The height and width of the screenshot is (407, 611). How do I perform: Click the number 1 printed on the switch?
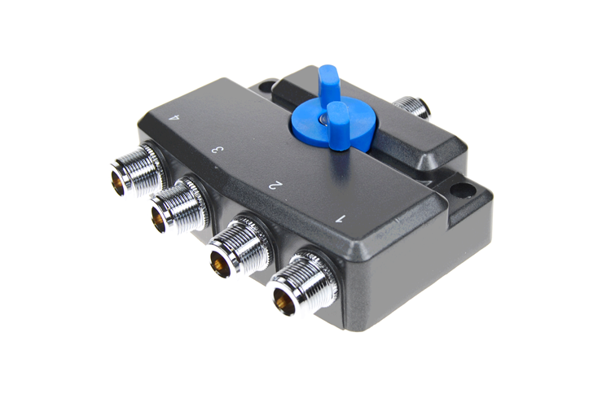tap(341, 217)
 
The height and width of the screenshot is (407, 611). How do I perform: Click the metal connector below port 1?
tap(299, 285)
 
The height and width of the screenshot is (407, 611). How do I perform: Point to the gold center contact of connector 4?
tap(119, 186)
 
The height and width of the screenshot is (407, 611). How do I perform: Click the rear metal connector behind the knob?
tap(411, 107)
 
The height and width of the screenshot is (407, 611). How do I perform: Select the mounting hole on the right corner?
tap(462, 193)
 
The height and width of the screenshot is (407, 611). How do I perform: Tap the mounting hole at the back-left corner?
tap(264, 84)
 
